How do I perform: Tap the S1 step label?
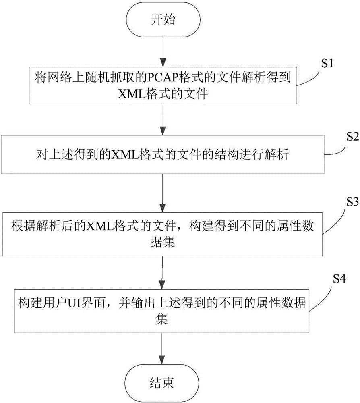pyautogui.click(x=327, y=64)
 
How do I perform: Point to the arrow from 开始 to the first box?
pyautogui.click(x=162, y=50)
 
